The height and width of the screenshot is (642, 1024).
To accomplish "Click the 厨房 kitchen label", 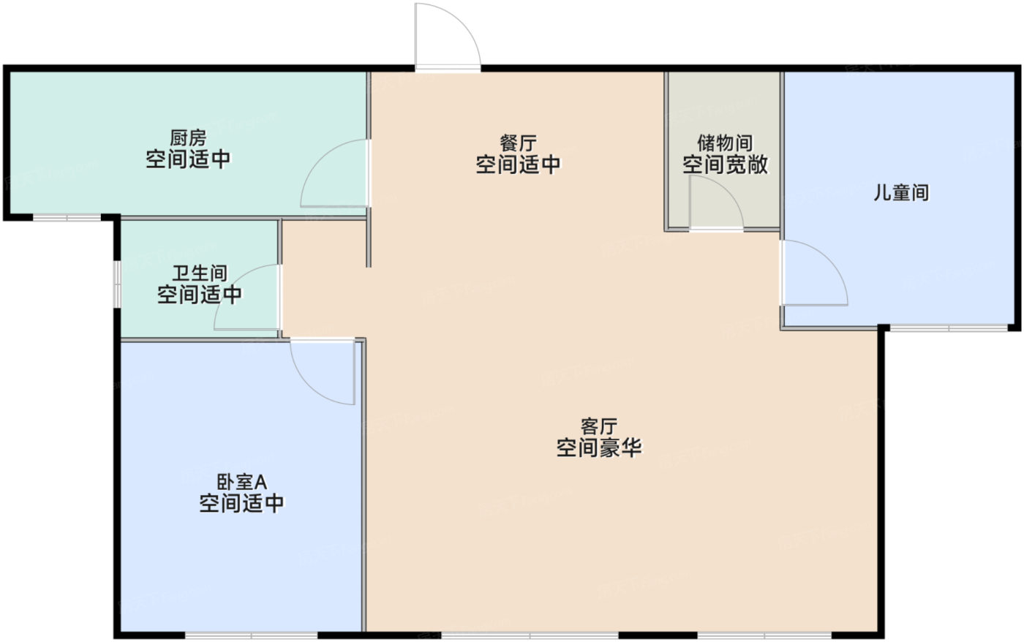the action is [x=188, y=137].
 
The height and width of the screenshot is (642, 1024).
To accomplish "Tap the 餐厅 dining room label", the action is [x=518, y=143].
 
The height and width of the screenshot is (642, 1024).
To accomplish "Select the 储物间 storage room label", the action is [x=725, y=143].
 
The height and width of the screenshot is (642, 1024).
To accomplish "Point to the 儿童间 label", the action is [x=901, y=192].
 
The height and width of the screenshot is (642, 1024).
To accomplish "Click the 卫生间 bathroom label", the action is [x=200, y=273].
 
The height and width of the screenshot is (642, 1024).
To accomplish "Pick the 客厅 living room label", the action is [x=599, y=426].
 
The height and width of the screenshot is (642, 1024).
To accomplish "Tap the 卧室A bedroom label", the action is [x=241, y=482].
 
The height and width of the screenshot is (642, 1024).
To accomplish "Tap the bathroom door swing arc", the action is [x=231, y=281].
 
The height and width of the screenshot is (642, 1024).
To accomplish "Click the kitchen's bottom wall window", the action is [x=67, y=217].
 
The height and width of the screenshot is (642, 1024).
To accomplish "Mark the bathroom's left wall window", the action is [x=118, y=284].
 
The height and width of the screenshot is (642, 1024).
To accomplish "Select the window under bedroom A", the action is [x=251, y=635].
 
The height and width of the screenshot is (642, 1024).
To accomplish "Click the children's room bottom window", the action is [x=949, y=328].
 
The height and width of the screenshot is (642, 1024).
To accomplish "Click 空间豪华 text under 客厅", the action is [x=599, y=447].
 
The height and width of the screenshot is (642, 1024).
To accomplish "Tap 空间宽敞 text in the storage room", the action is [x=725, y=165].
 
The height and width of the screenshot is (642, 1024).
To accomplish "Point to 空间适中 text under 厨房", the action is [x=188, y=159].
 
